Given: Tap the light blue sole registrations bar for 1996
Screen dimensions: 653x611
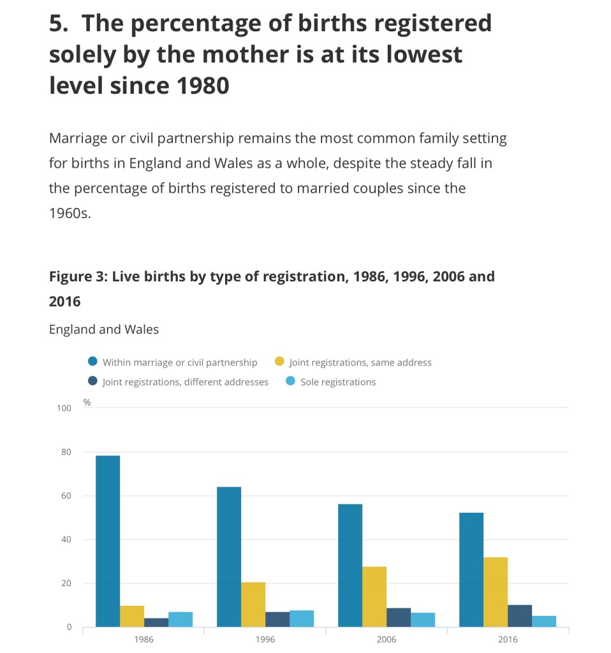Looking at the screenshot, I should click(302, 619).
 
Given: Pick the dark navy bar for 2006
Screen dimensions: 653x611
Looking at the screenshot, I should click(399, 617).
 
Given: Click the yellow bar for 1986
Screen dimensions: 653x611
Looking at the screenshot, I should click(132, 616).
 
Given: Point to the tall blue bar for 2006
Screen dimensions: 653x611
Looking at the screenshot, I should click(350, 565).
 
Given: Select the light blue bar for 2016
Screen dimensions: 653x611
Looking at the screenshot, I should click(544, 621).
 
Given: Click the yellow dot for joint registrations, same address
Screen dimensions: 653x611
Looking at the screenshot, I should click(279, 362).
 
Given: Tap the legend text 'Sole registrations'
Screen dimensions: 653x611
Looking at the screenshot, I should click(338, 382).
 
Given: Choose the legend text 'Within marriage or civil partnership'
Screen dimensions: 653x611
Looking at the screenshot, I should click(180, 362).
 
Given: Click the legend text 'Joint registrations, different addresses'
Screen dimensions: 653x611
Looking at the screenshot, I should click(185, 382).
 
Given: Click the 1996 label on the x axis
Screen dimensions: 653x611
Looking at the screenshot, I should click(265, 640).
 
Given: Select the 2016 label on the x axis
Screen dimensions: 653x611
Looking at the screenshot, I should click(508, 640).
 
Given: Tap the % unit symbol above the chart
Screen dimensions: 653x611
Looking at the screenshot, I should click(87, 402).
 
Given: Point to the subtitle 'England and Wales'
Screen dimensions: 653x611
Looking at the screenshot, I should click(104, 330).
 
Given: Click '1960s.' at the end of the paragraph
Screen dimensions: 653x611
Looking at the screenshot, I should click(70, 214).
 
